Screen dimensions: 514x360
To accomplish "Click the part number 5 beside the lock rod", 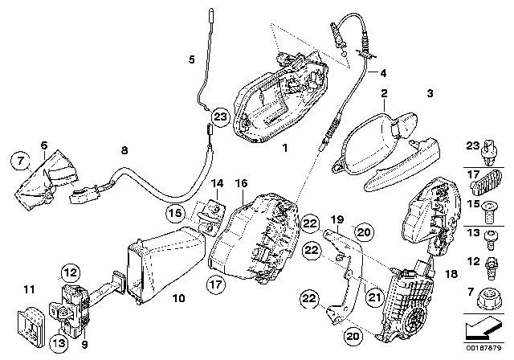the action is click(x=192, y=59).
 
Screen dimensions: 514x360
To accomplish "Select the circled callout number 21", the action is click(x=375, y=297).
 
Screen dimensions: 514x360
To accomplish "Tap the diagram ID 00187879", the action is click(x=483, y=348).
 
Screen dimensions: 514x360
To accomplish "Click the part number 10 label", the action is click(x=178, y=298).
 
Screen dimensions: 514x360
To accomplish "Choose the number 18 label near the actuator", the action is click(x=451, y=274).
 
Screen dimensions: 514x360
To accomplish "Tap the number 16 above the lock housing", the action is click(x=242, y=183).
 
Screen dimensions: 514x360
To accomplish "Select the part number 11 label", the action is click(x=29, y=290).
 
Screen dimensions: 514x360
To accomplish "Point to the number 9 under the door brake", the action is click(x=84, y=345).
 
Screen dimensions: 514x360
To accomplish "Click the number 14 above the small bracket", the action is click(x=217, y=183).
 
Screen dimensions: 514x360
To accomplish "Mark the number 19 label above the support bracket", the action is click(x=337, y=219).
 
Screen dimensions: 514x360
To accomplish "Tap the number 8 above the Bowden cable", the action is click(x=124, y=150).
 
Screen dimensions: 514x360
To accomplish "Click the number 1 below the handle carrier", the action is click(x=285, y=148).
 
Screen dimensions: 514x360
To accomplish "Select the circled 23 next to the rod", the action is click(x=220, y=116).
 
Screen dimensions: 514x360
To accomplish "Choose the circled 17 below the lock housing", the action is click(x=216, y=284).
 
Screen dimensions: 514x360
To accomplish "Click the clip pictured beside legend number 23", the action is click(x=489, y=153).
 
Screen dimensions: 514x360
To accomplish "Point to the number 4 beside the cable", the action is click(x=383, y=73).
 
